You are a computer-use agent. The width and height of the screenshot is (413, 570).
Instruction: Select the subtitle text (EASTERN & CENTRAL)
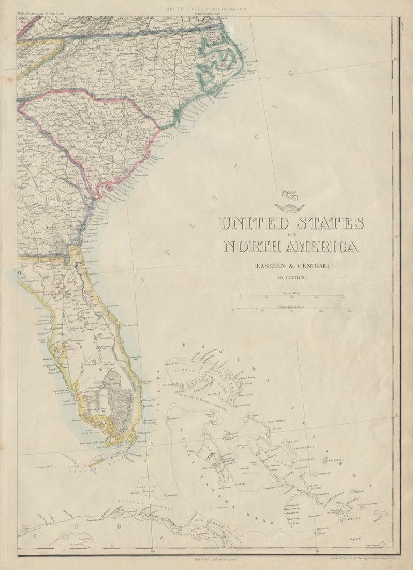pos(291,266)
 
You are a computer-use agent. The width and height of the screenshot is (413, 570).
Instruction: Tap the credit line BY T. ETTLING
pos(291,278)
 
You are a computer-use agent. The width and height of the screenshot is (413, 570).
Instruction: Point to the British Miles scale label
pos(291,293)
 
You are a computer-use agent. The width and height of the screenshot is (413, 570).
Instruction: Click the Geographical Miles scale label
pos(291,307)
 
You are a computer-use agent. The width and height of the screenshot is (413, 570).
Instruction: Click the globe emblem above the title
pos(289,208)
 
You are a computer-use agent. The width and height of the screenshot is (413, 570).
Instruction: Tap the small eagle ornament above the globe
pos(289,195)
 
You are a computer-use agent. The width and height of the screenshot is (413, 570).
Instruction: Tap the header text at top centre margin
pos(206,9)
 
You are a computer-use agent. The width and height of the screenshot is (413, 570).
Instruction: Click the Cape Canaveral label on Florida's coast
pos(130,326)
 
